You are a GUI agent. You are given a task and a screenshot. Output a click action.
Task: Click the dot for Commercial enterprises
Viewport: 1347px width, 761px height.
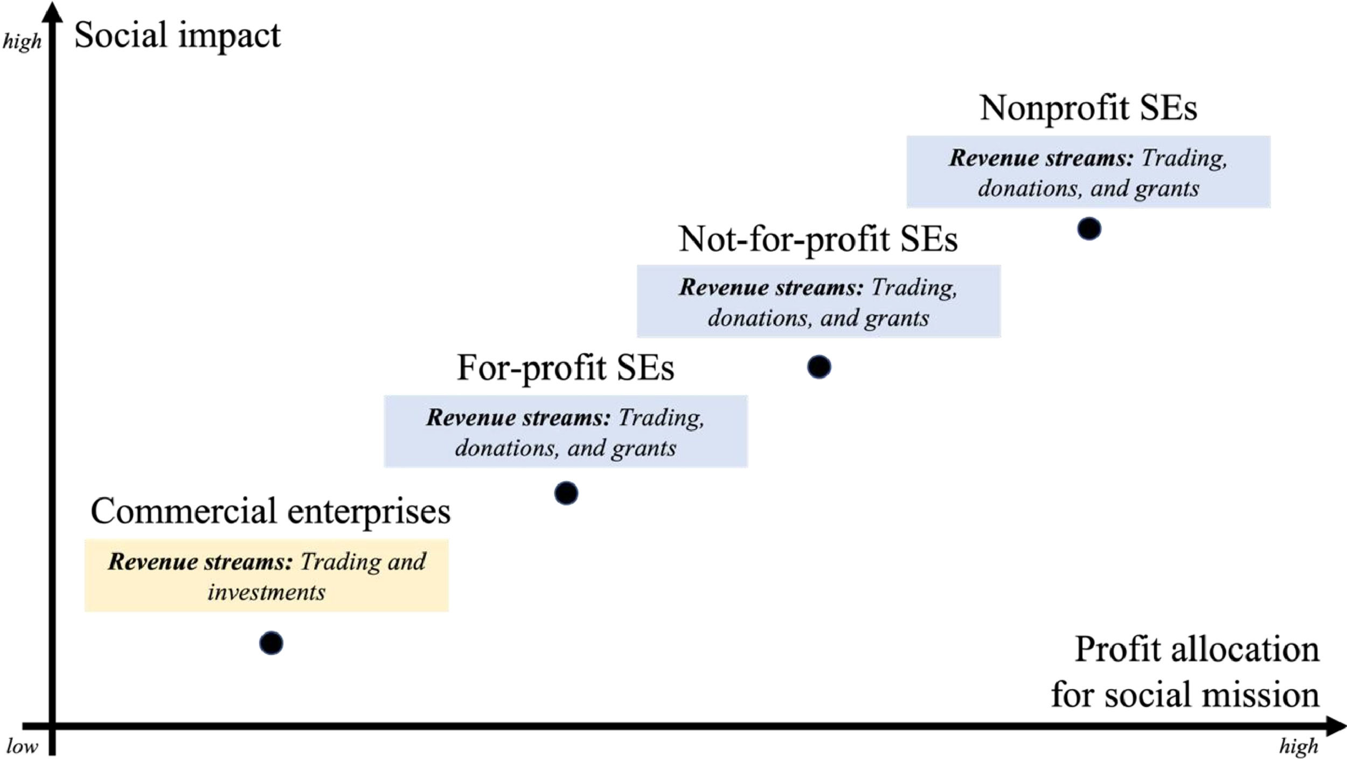pyautogui.click(x=271, y=643)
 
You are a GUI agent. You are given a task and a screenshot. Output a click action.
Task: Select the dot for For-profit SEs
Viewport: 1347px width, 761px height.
pyautogui.click(x=566, y=493)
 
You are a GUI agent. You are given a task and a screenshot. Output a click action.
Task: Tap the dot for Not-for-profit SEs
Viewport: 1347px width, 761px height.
pyautogui.click(x=819, y=367)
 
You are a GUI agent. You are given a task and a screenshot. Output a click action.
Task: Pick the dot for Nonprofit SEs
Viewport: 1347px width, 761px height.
pyautogui.click(x=1089, y=229)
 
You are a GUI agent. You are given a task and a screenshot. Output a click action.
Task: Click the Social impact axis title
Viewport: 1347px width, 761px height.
pyautogui.click(x=177, y=36)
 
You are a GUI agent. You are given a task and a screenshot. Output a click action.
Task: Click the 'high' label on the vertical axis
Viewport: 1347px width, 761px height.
pyautogui.click(x=22, y=42)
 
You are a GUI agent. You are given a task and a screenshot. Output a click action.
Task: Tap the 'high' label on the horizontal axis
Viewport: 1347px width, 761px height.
pyautogui.click(x=1299, y=746)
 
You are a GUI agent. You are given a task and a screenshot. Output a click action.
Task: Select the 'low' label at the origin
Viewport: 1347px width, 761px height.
pyautogui.click(x=22, y=746)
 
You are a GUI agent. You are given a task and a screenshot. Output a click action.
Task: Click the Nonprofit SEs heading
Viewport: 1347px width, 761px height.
pyautogui.click(x=1088, y=107)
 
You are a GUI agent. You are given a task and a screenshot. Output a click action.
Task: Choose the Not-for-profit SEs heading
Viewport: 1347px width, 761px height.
pyautogui.click(x=818, y=239)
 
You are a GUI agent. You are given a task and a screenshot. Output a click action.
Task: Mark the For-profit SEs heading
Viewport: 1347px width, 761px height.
pyautogui.click(x=565, y=368)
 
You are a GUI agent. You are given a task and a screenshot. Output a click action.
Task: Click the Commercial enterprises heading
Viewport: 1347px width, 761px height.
pyautogui.click(x=270, y=511)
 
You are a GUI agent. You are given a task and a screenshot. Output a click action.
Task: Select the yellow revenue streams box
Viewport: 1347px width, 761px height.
pyautogui.click(x=266, y=575)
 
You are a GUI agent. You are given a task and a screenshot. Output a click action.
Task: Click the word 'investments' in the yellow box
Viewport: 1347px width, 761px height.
pyautogui.click(x=266, y=593)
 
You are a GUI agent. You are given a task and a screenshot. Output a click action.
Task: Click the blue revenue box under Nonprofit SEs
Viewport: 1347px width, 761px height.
pyautogui.click(x=1088, y=172)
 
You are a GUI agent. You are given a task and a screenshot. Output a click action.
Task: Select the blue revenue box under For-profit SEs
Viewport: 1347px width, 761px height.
pyautogui.click(x=565, y=431)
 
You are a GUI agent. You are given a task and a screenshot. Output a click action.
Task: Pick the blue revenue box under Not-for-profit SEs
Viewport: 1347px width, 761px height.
pyautogui.click(x=818, y=301)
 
